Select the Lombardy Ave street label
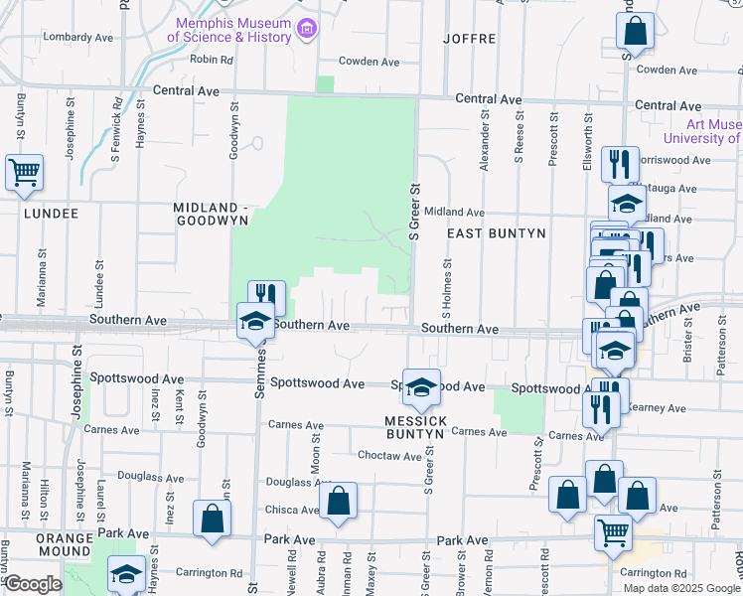pyautogui.click(x=78, y=37)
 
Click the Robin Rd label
pyautogui.click(x=211, y=60)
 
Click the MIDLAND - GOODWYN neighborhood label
pyautogui.click(x=203, y=214)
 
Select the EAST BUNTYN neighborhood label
pyautogui.click(x=496, y=233)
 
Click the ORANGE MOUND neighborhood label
pyautogui.click(x=65, y=543)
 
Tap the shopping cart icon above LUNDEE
pyautogui.click(x=25, y=172)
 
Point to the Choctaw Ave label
pyautogui.click(x=390, y=456)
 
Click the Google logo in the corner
pyautogui.click(x=34, y=585)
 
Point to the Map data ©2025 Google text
pyautogui.click(x=680, y=588)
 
